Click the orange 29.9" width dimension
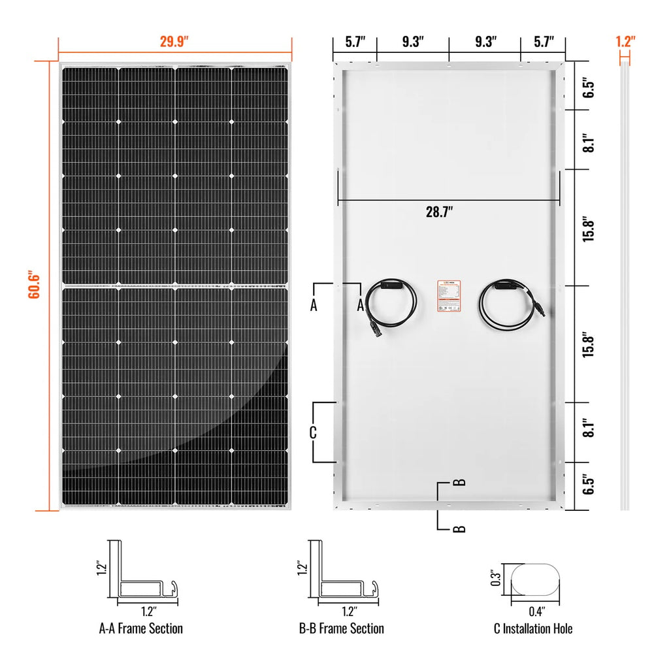pos(174,41)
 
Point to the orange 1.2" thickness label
pos(625,41)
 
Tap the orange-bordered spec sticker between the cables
pos(449,295)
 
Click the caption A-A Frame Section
pos(140,628)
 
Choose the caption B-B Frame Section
pos(341,628)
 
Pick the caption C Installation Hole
pos(533,628)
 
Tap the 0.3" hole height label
pos(498,579)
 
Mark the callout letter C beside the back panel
pos(313,432)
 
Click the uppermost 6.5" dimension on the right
pos(589,86)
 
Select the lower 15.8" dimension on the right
pos(589,344)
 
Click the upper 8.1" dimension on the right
pos(589,140)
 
